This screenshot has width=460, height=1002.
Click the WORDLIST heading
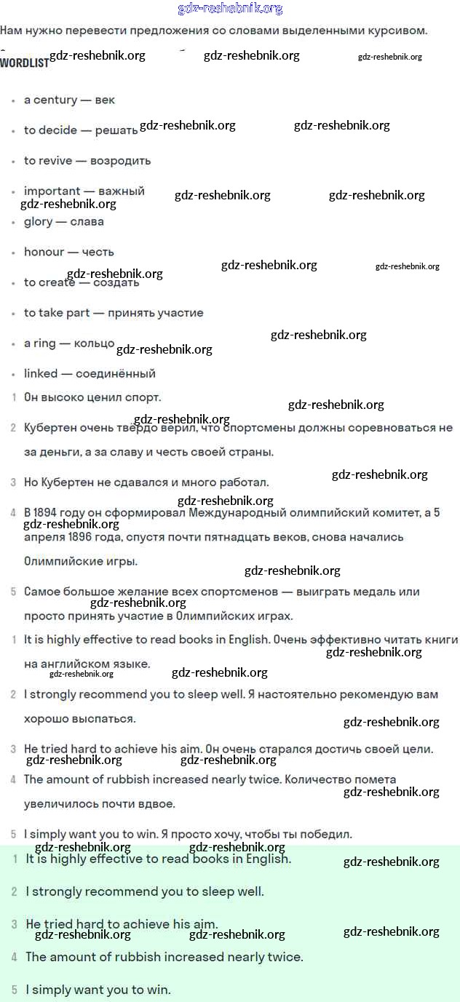(24, 63)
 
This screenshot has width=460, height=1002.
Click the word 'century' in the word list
(55, 100)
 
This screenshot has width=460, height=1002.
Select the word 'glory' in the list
(39, 222)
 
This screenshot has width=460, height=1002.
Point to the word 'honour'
(44, 253)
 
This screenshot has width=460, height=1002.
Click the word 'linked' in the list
(41, 374)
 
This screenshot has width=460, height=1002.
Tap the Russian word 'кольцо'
(94, 343)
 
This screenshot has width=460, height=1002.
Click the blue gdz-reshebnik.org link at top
(230, 9)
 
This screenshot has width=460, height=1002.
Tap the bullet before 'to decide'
(14, 132)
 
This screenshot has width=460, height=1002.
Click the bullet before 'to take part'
(14, 314)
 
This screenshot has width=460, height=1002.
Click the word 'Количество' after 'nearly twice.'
(317, 780)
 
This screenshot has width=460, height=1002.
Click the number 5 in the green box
(14, 990)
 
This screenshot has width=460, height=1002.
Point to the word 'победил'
(329, 835)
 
